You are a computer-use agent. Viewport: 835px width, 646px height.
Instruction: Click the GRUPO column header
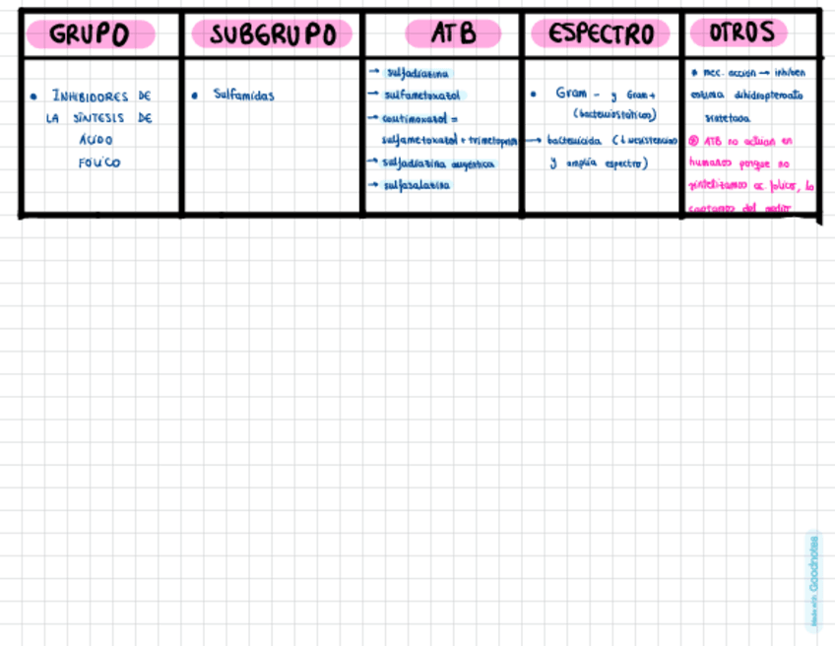pos(90,34)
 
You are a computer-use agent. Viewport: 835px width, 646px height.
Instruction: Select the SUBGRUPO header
pos(272,34)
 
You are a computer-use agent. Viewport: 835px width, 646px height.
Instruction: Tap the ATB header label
pos(453,34)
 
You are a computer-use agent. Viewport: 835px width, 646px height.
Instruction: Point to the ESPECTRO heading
pos(601,34)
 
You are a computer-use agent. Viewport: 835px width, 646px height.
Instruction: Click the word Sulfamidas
pos(244,96)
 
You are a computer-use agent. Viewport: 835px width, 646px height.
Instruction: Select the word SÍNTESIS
pos(101,118)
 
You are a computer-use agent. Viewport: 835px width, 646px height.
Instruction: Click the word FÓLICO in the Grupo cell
pos(98,162)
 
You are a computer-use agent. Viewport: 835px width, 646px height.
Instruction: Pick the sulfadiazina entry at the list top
pos(417,72)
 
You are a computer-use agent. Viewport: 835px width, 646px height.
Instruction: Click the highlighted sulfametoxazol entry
pos(421,95)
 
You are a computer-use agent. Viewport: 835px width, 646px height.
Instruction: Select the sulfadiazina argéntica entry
pos(438,163)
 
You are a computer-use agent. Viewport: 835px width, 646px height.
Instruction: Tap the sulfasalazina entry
pos(417,185)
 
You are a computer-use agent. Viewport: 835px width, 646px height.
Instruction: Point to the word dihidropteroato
pos(768,96)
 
